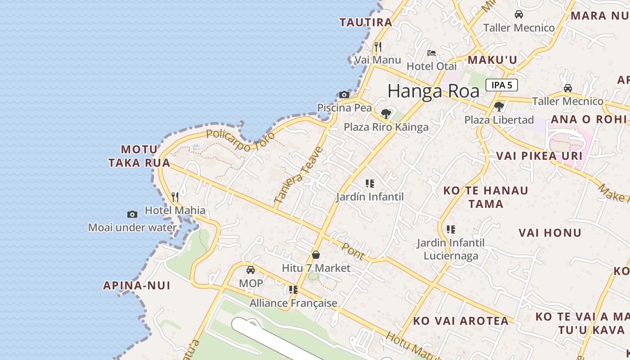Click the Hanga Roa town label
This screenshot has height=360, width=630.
point(433,91)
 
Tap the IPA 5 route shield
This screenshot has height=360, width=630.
point(501,85)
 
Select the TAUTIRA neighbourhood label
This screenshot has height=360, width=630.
point(366,22)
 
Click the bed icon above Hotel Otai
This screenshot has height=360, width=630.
point(432,53)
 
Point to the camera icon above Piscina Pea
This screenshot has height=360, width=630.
point(344,94)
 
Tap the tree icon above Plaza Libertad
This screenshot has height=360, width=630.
point(499,107)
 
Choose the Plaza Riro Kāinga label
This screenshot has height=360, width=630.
point(386,127)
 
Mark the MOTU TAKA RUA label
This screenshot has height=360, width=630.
point(139,156)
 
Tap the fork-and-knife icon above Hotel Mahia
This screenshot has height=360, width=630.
point(175,197)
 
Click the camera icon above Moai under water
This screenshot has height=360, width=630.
point(132,214)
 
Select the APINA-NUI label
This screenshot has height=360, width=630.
point(137,285)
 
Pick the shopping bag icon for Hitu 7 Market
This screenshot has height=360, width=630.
point(316,255)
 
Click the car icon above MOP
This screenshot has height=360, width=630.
point(251,270)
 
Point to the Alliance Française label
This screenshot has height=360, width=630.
point(293,303)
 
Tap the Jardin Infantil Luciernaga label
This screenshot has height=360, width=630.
point(450,249)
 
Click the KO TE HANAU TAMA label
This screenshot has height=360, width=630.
point(486,197)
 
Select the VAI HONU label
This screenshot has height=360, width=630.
point(550,233)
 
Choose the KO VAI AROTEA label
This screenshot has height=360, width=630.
point(461,321)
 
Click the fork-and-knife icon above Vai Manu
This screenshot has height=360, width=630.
point(378,46)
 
